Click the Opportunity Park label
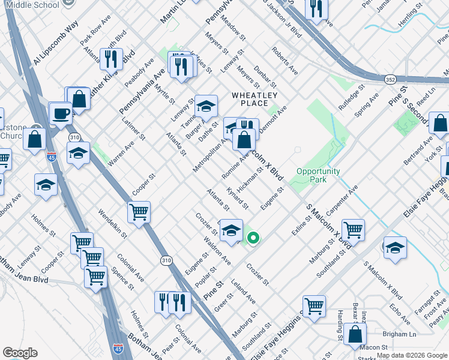[x=318, y=175]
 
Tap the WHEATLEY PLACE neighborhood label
[x=255, y=99]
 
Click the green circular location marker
[x=253, y=238]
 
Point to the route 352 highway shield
[x=390, y=79]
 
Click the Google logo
[x=20, y=353]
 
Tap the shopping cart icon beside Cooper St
[x=139, y=212]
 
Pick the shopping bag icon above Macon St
[x=355, y=334]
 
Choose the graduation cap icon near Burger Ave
[x=206, y=107]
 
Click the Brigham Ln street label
[x=399, y=334]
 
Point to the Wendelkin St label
[x=112, y=223]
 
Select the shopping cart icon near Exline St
[x=353, y=229]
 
